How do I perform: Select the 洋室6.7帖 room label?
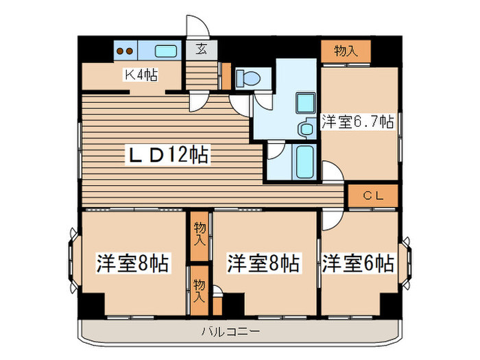tap(357, 122)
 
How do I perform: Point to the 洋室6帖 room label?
tap(357, 263)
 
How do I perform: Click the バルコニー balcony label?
tap(230, 333)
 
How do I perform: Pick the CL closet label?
tap(372, 195)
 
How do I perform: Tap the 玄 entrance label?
tap(202, 49)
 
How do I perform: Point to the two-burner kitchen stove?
tap(125, 50)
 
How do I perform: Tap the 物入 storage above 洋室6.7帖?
tap(345, 50)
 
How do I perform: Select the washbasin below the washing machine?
tap(303, 128)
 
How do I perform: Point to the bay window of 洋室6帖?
tap(405, 263)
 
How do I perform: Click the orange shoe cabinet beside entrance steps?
tap(226, 76)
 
